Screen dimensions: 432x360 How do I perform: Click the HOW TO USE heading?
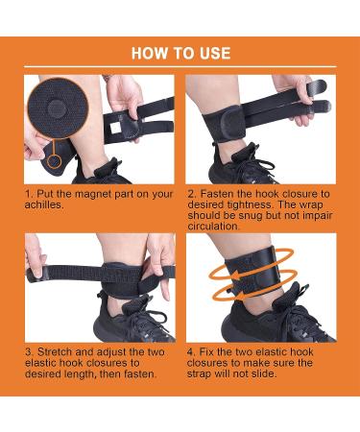click(180, 53)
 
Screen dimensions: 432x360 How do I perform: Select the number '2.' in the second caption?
click(192, 192)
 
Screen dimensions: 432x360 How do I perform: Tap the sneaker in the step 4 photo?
click(288, 322)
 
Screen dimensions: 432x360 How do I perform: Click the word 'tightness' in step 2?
click(245, 204)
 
